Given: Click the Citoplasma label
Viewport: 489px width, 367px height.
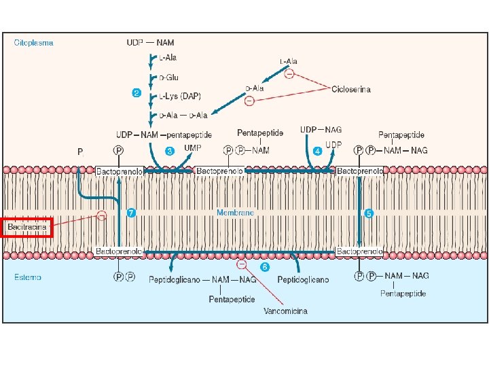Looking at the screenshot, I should click(x=34, y=42).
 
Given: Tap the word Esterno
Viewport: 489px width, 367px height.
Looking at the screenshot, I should click(x=28, y=277).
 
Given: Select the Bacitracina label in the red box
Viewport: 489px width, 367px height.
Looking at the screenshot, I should click(x=27, y=226).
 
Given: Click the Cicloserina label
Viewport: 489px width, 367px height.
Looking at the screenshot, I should click(x=351, y=90).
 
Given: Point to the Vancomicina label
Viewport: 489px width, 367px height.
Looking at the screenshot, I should click(x=285, y=311).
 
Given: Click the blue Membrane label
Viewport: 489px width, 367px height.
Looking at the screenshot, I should click(x=235, y=213).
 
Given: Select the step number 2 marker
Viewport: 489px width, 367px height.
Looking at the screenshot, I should click(x=137, y=93).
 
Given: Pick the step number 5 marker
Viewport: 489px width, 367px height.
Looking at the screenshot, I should click(x=369, y=213).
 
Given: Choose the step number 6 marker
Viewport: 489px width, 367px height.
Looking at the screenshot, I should click(x=265, y=267).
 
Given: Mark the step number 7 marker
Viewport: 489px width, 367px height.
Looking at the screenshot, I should click(x=132, y=213).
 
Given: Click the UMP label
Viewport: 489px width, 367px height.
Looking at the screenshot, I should click(x=193, y=147).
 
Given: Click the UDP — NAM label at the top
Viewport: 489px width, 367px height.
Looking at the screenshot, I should click(x=150, y=42).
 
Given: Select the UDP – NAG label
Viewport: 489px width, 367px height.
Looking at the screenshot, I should click(x=321, y=130).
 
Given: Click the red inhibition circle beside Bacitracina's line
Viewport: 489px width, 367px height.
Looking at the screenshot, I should click(x=101, y=216).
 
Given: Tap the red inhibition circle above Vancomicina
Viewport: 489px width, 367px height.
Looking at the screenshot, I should click(x=241, y=264).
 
